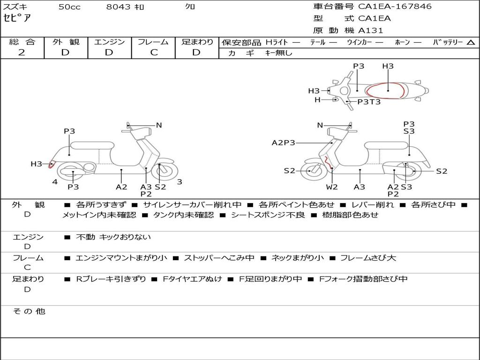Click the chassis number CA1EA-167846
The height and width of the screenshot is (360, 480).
395,7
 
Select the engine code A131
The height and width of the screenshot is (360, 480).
371,30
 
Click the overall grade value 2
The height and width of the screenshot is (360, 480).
22,52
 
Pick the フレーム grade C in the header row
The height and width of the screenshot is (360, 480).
154,52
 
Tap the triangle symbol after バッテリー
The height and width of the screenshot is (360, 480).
471,42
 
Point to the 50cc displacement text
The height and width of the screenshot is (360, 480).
69,7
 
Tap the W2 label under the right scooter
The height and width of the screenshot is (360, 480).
332,187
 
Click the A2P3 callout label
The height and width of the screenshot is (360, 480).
284,142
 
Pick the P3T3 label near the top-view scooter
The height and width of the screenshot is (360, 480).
369,102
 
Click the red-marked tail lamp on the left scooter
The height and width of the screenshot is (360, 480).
52,164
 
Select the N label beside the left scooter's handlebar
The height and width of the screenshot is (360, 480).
159,125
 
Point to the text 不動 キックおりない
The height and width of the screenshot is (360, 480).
113,237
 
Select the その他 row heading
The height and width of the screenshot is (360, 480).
29,311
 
